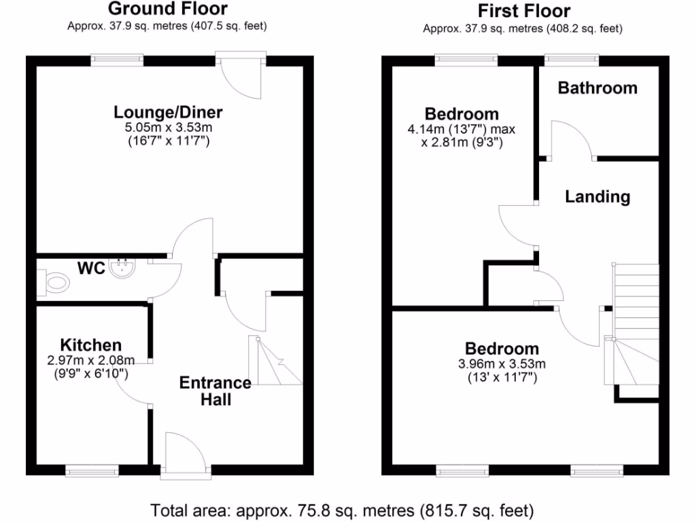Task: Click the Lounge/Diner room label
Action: [x=168, y=112]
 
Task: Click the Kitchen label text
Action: [x=90, y=345]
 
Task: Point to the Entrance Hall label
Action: [x=215, y=391]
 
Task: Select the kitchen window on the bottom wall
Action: [x=92, y=469]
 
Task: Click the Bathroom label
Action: [x=597, y=88]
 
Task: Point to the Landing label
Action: [x=597, y=197]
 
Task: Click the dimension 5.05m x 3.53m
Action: [x=168, y=127]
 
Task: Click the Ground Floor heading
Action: [x=167, y=9]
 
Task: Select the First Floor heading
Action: [x=523, y=11]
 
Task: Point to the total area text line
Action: [x=342, y=510]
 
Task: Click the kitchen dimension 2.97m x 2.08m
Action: [x=90, y=360]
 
